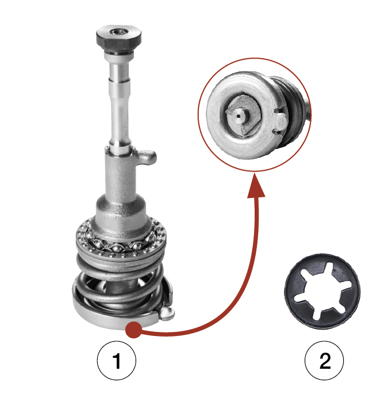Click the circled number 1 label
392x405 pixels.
(116, 360)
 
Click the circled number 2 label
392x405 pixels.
(324, 360)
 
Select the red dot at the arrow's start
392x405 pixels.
(133, 330)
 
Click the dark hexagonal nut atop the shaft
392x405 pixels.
(119, 38)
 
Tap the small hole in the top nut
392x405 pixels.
(119, 32)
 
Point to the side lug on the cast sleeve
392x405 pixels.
(147, 157)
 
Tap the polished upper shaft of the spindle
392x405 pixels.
(119, 104)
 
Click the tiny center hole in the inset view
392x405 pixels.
(238, 116)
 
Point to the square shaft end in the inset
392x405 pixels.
(241, 116)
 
